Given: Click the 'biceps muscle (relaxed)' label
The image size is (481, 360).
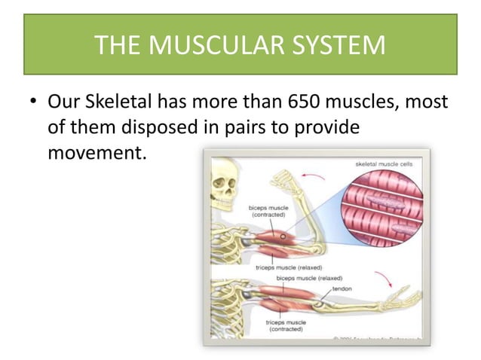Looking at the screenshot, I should [309, 278].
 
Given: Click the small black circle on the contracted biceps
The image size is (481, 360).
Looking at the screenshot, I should [283, 235].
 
